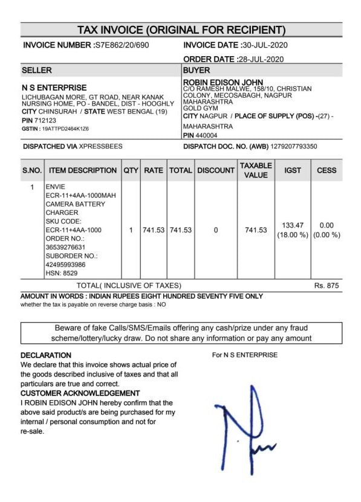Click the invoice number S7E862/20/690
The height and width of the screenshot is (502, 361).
point(122,45)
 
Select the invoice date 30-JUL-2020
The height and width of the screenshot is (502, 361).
point(264,45)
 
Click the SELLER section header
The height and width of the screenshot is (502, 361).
point(37,71)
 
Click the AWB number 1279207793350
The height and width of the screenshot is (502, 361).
point(294,147)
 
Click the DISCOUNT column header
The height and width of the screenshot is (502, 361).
point(216,171)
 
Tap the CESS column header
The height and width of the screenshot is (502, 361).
point(327,171)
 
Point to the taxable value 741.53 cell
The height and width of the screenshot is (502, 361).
point(256,230)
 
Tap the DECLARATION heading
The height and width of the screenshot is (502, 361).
point(46,355)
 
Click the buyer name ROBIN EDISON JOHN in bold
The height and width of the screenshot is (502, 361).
point(223,82)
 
